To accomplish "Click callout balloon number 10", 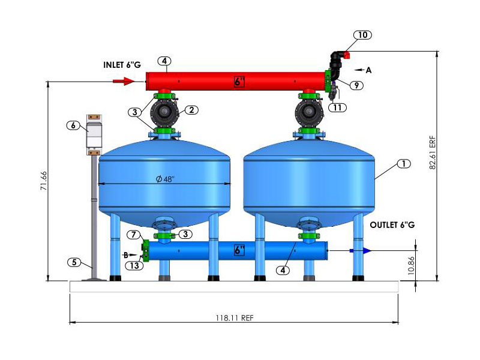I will click(362, 35).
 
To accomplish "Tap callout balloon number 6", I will click(73, 125).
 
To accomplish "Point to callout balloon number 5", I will click(74, 262).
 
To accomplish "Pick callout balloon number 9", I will click(356, 85).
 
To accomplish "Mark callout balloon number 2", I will click(191, 110).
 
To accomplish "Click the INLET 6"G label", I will click(122, 65).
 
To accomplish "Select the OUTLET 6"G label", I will click(392, 225).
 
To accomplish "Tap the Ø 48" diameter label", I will click(164, 179).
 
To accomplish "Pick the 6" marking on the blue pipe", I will click(239, 250).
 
